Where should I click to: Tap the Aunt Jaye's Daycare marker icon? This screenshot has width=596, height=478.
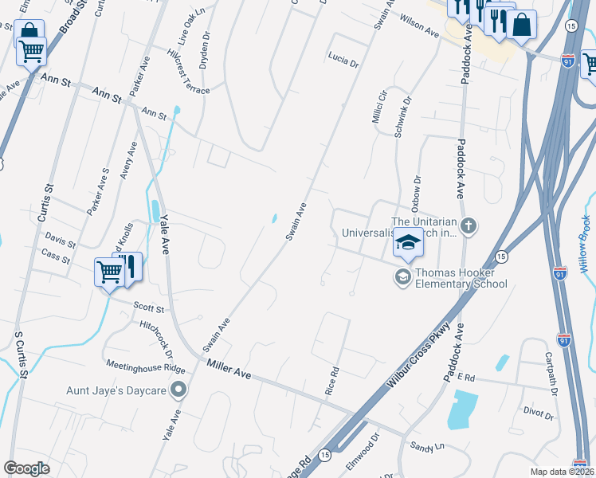click(178, 390)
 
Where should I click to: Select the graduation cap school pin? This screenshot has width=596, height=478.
click(408, 244)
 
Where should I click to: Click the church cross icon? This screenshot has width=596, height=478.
click(469, 225)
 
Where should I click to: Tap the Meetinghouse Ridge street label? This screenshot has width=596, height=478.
click(146, 366)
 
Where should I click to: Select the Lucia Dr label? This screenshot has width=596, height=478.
click(343, 61)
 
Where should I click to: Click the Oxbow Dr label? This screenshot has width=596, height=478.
click(415, 193)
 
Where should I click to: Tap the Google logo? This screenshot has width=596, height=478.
click(27, 468)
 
